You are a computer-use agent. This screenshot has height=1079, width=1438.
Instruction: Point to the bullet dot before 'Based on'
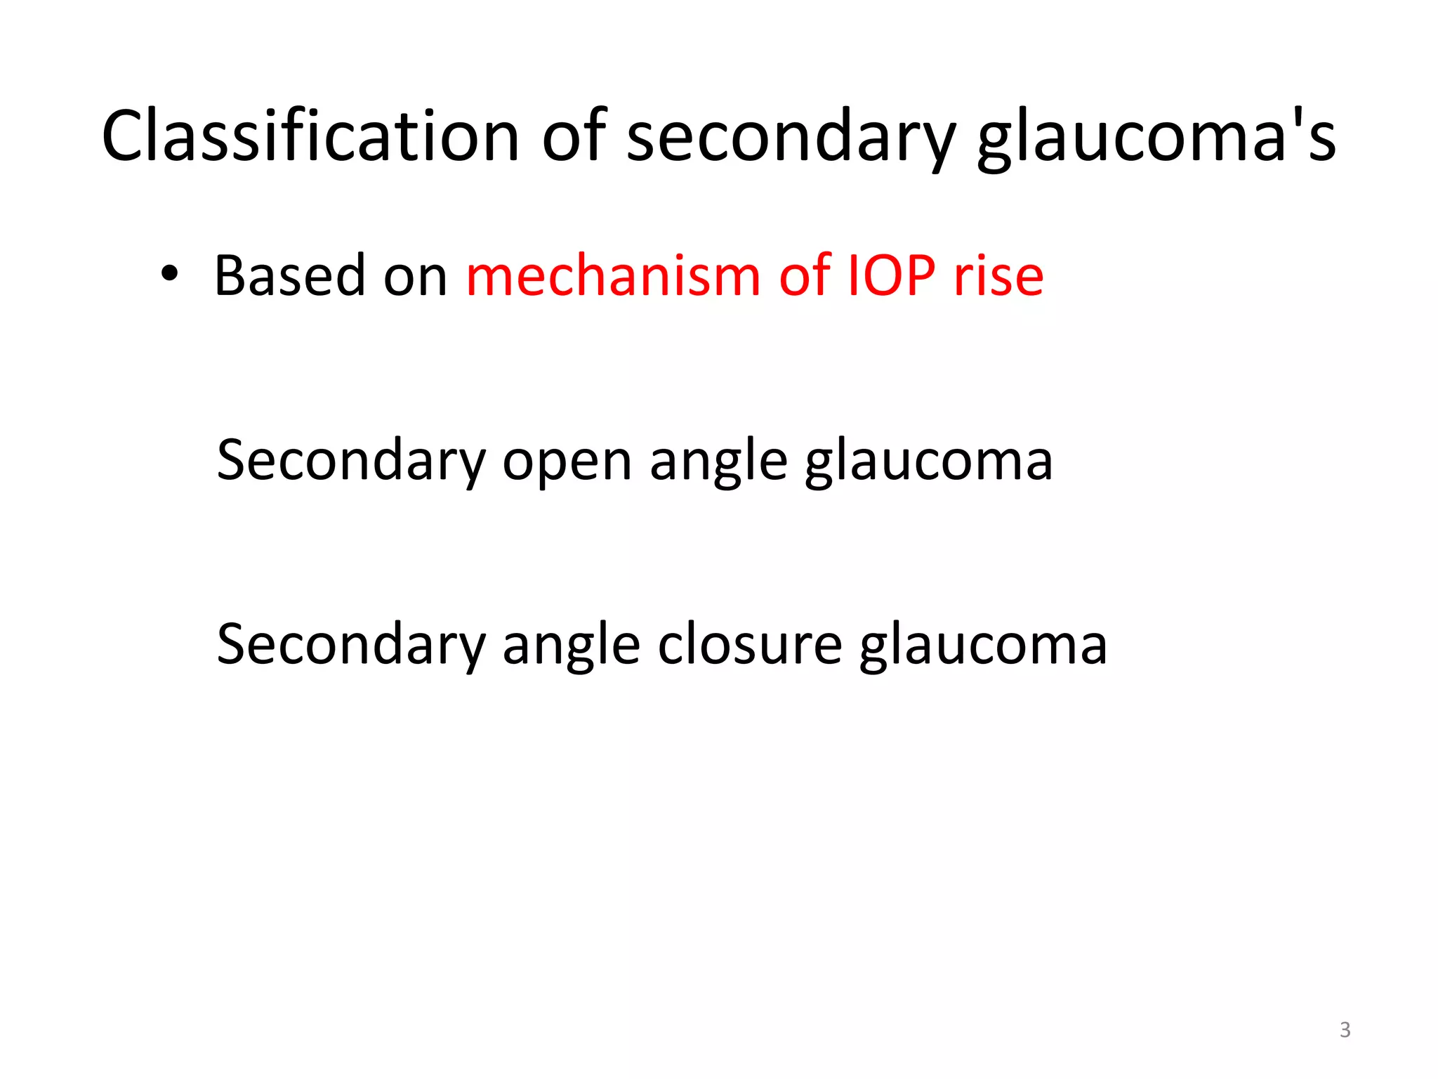point(169,275)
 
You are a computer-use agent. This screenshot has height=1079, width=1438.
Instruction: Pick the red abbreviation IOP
point(892,275)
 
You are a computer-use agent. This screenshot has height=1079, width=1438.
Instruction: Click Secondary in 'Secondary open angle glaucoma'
point(351,461)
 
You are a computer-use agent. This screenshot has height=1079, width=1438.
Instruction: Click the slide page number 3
point(1345,1030)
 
